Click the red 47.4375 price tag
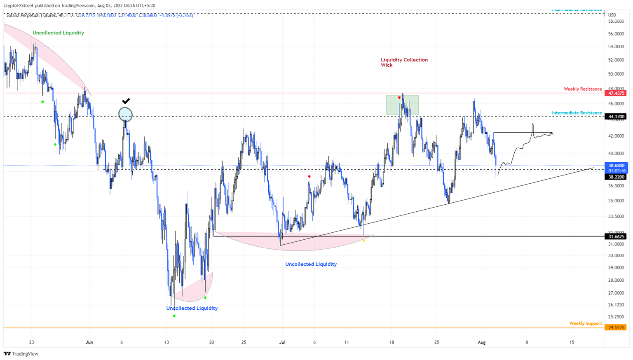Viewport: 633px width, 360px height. click(x=616, y=93)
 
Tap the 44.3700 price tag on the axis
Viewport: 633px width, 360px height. click(x=616, y=117)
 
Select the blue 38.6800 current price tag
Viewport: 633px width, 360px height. click(x=616, y=165)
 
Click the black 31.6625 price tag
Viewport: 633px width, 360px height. click(x=616, y=236)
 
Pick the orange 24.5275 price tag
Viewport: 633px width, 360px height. click(x=616, y=327)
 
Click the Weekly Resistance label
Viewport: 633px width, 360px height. click(x=583, y=89)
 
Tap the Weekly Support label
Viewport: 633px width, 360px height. click(x=586, y=323)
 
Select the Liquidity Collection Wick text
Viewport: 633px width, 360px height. click(x=404, y=62)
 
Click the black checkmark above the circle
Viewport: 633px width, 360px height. click(x=126, y=101)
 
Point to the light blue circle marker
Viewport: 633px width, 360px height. click(x=125, y=115)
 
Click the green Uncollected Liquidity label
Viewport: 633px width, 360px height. click(x=58, y=33)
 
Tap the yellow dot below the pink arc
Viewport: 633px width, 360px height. click(x=363, y=241)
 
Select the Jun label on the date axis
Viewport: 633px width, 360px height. click(x=89, y=342)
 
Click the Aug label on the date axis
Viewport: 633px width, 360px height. click(x=481, y=342)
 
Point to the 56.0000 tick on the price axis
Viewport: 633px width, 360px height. click(x=616, y=34)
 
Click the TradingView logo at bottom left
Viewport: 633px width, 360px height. click(x=21, y=354)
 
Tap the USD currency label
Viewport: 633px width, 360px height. click(x=612, y=15)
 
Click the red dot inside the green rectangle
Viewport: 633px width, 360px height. click(x=399, y=98)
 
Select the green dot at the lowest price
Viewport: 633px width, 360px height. click(x=174, y=316)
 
